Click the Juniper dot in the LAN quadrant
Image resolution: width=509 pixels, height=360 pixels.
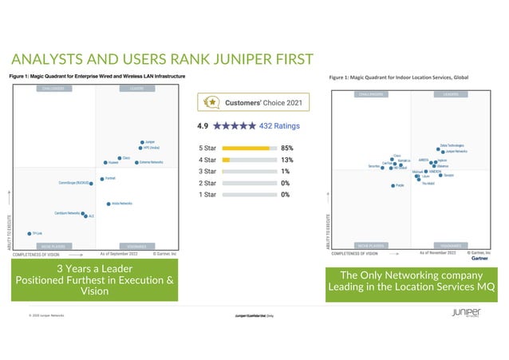(142, 142)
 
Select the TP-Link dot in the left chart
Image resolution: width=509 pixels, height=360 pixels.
(30, 234)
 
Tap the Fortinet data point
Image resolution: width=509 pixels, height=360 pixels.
(101, 179)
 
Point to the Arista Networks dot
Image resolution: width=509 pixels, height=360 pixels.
(108, 204)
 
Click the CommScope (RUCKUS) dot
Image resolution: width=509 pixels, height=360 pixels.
(91, 183)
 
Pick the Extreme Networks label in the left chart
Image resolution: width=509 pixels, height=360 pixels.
(152, 162)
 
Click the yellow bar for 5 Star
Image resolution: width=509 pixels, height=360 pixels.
(247, 148)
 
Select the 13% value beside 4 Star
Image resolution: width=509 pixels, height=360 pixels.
(287, 159)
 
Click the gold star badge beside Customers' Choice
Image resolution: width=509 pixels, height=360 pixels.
(212, 102)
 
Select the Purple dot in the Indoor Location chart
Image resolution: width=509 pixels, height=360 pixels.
(393, 185)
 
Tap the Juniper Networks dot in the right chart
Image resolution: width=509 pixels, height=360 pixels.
(441, 151)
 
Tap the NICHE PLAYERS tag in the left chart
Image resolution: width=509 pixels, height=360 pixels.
(53, 245)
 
